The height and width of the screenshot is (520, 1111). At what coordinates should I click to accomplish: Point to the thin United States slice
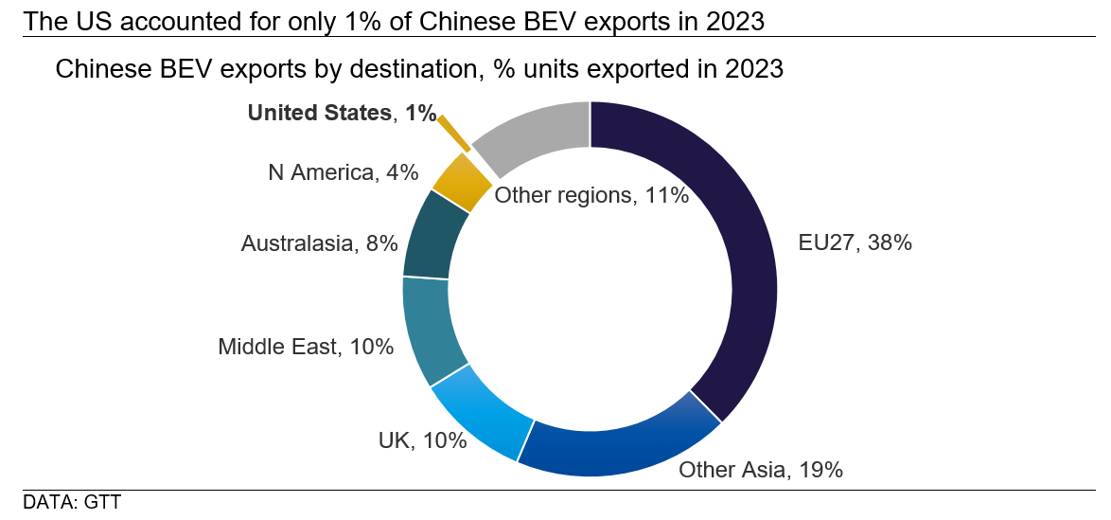454,134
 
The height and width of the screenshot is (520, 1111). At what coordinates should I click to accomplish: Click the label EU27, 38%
855,242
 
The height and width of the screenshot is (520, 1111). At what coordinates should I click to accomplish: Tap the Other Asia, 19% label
761,469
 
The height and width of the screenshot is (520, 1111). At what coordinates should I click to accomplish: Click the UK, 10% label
422,440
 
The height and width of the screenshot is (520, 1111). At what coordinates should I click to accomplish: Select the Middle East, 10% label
306,347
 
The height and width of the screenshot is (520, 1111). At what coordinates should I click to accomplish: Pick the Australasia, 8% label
319,243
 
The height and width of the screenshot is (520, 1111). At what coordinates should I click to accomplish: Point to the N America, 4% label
342,172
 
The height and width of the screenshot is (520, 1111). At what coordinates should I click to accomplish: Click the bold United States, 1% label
342,113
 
